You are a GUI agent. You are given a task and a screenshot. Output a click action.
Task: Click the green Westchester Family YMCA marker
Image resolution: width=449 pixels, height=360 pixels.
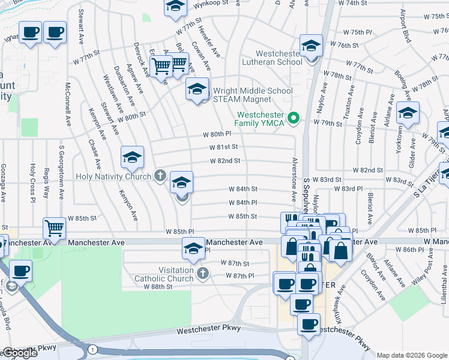pos(294,118)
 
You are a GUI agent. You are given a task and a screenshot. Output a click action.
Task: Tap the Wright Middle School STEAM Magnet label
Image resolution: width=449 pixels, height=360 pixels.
pos(253,95)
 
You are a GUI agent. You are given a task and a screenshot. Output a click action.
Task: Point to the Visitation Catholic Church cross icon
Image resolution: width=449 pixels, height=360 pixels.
pos(203,274)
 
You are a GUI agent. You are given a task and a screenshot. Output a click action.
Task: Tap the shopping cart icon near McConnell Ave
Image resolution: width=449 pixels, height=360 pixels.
pos(55,228)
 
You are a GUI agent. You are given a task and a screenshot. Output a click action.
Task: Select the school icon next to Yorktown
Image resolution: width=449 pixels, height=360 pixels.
pos(408,112)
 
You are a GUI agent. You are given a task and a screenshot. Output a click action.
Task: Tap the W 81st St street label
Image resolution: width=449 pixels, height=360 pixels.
pos(224,147)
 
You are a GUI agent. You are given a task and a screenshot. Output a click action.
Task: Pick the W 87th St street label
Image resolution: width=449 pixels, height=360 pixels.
pos(234,263)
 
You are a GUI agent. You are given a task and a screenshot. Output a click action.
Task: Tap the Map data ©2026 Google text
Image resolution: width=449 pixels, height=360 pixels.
pos(412,355)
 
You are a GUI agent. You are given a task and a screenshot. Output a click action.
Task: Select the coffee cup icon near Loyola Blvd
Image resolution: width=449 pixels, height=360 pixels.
pos(20,271)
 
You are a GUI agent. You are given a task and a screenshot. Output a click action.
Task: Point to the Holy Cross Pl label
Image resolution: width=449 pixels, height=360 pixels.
pos(32,181)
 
